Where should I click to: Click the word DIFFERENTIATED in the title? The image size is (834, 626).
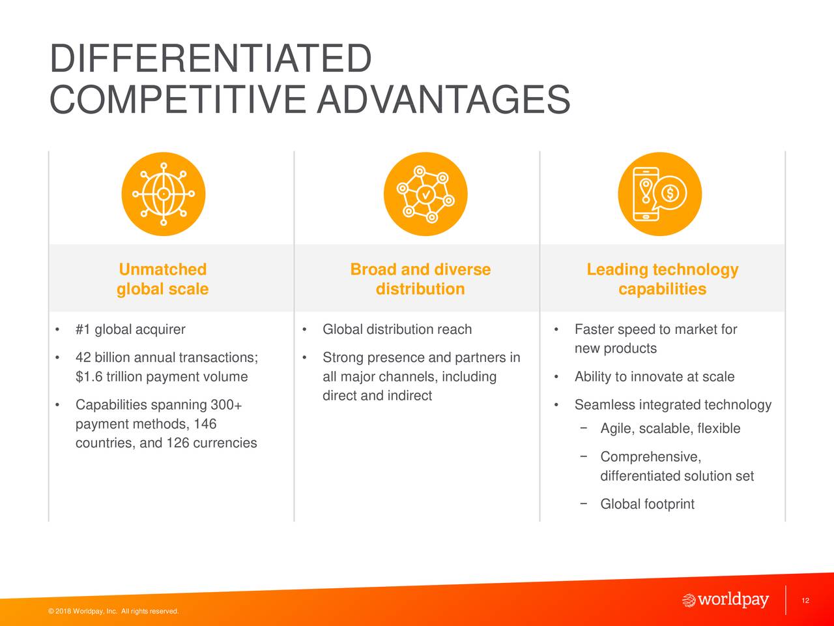pyautogui.click(x=210, y=58)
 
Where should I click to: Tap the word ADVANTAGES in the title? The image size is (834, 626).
pyautogui.click(x=444, y=99)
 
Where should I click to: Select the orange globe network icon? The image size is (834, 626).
pyautogui.click(x=164, y=194)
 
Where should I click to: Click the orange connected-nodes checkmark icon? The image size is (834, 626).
pyautogui.click(x=425, y=194)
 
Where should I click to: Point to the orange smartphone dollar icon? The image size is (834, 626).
pyautogui.click(x=660, y=194)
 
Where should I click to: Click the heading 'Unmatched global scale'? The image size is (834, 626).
pyautogui.click(x=163, y=279)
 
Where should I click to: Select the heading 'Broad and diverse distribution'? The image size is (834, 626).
pyautogui.click(x=420, y=279)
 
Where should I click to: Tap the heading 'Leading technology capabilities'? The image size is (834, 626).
pyautogui.click(x=662, y=279)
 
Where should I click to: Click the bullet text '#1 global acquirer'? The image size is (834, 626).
pyautogui.click(x=130, y=329)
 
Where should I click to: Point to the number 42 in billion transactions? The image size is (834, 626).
pyautogui.click(x=83, y=357)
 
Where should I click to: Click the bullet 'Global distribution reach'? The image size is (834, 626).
pyautogui.click(x=397, y=329)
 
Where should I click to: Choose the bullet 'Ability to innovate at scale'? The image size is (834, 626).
pyautogui.click(x=654, y=377)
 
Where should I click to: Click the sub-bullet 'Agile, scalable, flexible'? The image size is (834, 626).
pyautogui.click(x=670, y=428)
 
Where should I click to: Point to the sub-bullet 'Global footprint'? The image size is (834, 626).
pyautogui.click(x=647, y=504)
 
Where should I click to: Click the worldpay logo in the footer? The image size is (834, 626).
pyautogui.click(x=725, y=600)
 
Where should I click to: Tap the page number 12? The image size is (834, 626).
pyautogui.click(x=805, y=601)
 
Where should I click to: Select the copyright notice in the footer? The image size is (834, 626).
pyautogui.click(x=113, y=611)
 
